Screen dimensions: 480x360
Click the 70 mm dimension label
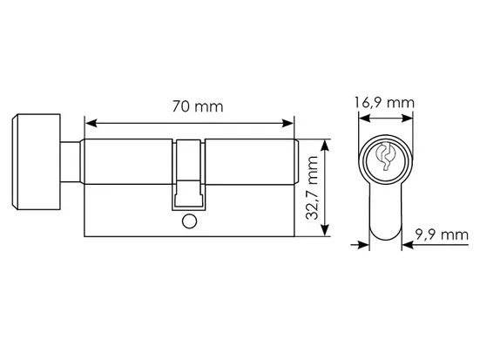[198, 106]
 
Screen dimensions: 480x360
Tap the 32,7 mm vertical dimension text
[312, 187]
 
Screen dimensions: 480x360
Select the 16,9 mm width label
[384, 102]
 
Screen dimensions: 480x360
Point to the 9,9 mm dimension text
[442, 235]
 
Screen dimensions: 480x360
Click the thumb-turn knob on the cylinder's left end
[36, 162]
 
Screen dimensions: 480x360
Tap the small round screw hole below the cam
[190, 221]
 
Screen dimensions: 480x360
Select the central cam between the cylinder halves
[188, 174]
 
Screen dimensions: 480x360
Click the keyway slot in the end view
[385, 157]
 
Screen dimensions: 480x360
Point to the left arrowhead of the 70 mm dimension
[91, 123]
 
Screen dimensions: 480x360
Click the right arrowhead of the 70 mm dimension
[287, 123]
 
